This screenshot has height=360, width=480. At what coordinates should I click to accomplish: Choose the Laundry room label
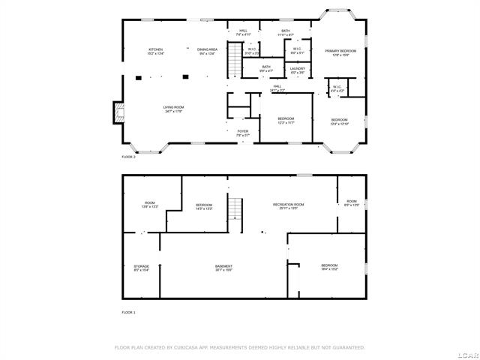click(x=297, y=70)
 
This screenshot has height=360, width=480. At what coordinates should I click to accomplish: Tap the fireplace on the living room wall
click(x=118, y=112)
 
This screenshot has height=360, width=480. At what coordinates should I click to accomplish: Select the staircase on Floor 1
click(x=236, y=209)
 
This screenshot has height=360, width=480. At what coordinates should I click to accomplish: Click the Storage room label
click(x=142, y=267)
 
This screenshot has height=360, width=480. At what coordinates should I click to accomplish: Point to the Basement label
click(x=223, y=268)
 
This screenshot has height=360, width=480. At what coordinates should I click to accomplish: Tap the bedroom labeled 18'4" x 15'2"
click(x=329, y=267)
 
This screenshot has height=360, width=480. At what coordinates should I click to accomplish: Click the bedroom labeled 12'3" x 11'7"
click(x=286, y=120)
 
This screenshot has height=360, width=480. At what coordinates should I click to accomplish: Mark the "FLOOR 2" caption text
click(x=128, y=157)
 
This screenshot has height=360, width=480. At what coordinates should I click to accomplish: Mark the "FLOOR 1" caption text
click(x=128, y=311)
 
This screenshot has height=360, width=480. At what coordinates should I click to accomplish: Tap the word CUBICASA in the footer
click(x=190, y=347)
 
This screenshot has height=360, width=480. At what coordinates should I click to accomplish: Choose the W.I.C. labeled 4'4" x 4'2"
click(x=335, y=88)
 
